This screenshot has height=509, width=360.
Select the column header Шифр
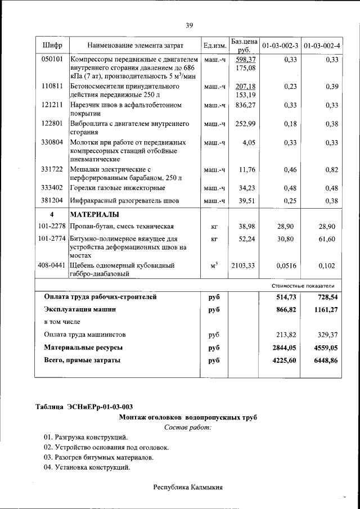(52, 45)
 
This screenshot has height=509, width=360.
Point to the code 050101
(52, 59)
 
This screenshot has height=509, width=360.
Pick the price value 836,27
(245, 105)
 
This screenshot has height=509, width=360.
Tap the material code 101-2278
(52, 226)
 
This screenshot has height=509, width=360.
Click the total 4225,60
(284, 360)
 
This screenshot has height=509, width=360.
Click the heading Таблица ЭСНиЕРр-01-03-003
(84, 407)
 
